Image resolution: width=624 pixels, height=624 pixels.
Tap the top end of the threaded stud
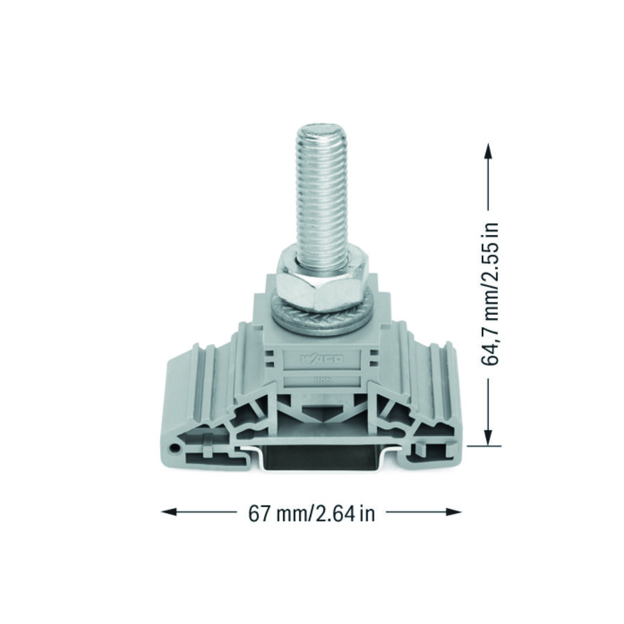click(322, 129)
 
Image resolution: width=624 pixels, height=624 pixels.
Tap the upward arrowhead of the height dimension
click(488, 150)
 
